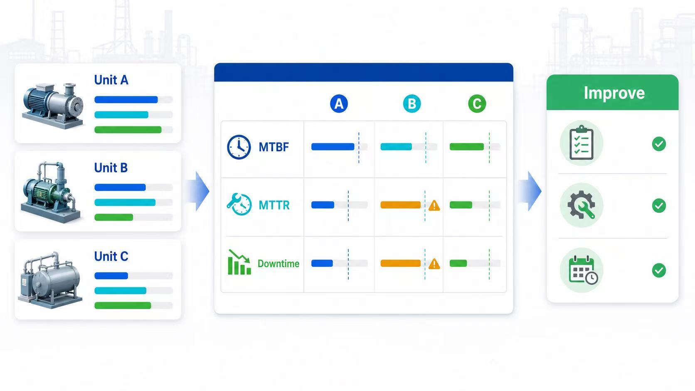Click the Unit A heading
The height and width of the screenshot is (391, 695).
click(111, 80)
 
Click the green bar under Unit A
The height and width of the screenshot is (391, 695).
click(128, 130)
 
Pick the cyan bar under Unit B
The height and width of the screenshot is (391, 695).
click(125, 202)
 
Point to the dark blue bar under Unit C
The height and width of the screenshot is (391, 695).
click(111, 275)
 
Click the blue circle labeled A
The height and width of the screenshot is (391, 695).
click(339, 103)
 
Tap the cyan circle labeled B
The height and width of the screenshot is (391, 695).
click(412, 103)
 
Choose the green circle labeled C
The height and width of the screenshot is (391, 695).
click(477, 103)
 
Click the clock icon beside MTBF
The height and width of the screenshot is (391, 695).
click(239, 147)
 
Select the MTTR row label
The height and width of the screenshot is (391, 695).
click(274, 205)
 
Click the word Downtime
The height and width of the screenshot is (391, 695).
click(278, 263)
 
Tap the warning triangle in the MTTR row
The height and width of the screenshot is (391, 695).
click(434, 206)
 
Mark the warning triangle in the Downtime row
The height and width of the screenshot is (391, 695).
click(434, 264)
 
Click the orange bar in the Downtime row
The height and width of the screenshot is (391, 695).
click(401, 263)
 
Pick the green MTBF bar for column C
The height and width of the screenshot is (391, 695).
click(467, 147)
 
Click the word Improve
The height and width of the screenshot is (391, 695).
click(614, 93)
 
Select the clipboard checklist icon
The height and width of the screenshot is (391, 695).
click(582, 143)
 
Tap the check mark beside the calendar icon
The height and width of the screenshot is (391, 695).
click(659, 271)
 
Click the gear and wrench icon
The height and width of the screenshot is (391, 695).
click(582, 205)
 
